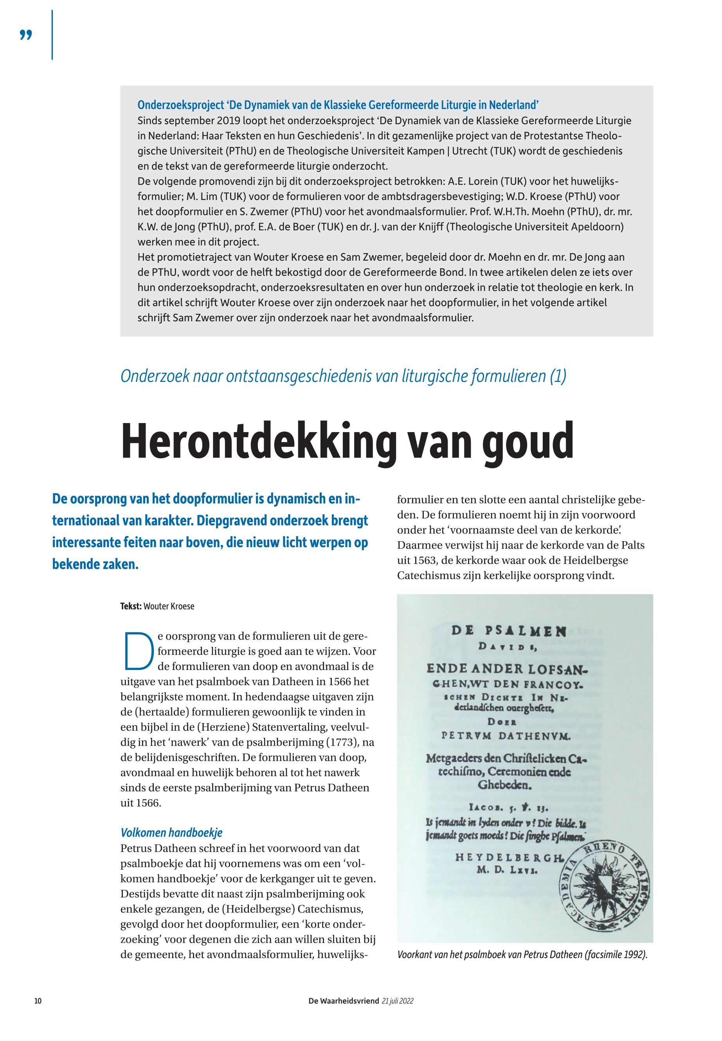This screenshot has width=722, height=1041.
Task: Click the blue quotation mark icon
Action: point(26,35)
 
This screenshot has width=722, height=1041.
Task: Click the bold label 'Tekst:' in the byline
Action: point(131,606)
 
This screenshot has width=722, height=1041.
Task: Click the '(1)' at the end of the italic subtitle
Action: point(558,376)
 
